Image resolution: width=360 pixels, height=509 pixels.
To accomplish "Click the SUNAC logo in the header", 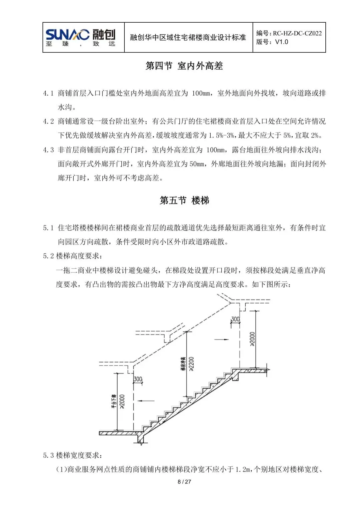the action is tap(81, 37).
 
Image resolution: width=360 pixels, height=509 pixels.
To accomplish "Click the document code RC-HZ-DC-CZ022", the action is tap(297, 33).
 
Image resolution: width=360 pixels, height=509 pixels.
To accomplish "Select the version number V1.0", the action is tap(281, 42).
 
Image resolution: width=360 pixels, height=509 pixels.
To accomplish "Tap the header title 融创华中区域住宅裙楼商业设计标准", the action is tap(188, 37).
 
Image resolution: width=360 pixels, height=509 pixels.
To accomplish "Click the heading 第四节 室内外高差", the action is tap(184, 66).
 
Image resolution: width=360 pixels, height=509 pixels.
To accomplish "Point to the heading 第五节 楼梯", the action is tap(184, 200).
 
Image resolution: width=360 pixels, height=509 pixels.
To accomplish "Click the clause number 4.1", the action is tap(48, 93).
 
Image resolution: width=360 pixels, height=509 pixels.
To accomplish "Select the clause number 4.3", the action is tap(48, 150).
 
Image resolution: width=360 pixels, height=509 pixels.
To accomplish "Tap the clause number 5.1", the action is tap(48, 228).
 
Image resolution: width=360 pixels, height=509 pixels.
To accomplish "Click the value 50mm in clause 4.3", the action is tap(197, 164).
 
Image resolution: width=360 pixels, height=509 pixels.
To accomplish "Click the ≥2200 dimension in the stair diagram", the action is tap(191, 364).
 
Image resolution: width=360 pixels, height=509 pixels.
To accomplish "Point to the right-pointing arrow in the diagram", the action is tap(222, 339).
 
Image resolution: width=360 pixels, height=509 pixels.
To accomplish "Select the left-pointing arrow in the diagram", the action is tap(146, 401).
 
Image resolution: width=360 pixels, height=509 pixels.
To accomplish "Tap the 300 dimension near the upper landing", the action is tap(235, 319).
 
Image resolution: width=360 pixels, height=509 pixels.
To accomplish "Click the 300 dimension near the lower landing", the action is tap(138, 379).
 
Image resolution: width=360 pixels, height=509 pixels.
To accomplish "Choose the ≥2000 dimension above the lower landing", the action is tap(122, 401).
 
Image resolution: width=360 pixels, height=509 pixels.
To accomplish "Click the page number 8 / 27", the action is tap(184, 482).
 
